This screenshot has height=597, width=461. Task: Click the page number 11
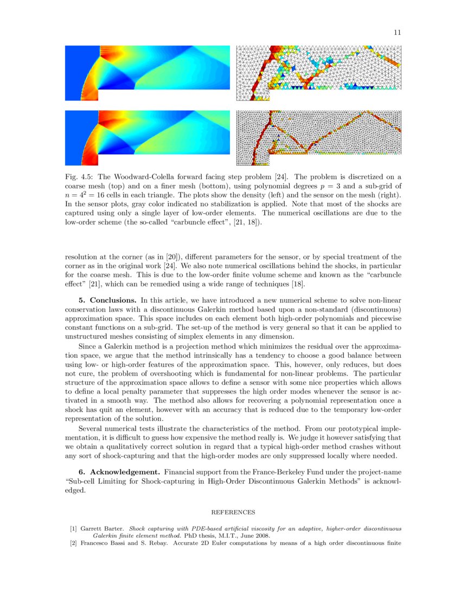pyautogui.click(x=397, y=33)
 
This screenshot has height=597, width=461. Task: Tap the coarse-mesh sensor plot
pyautogui.click(x=319, y=73)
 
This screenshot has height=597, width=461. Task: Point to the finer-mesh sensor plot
pyautogui.click(x=319, y=138)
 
